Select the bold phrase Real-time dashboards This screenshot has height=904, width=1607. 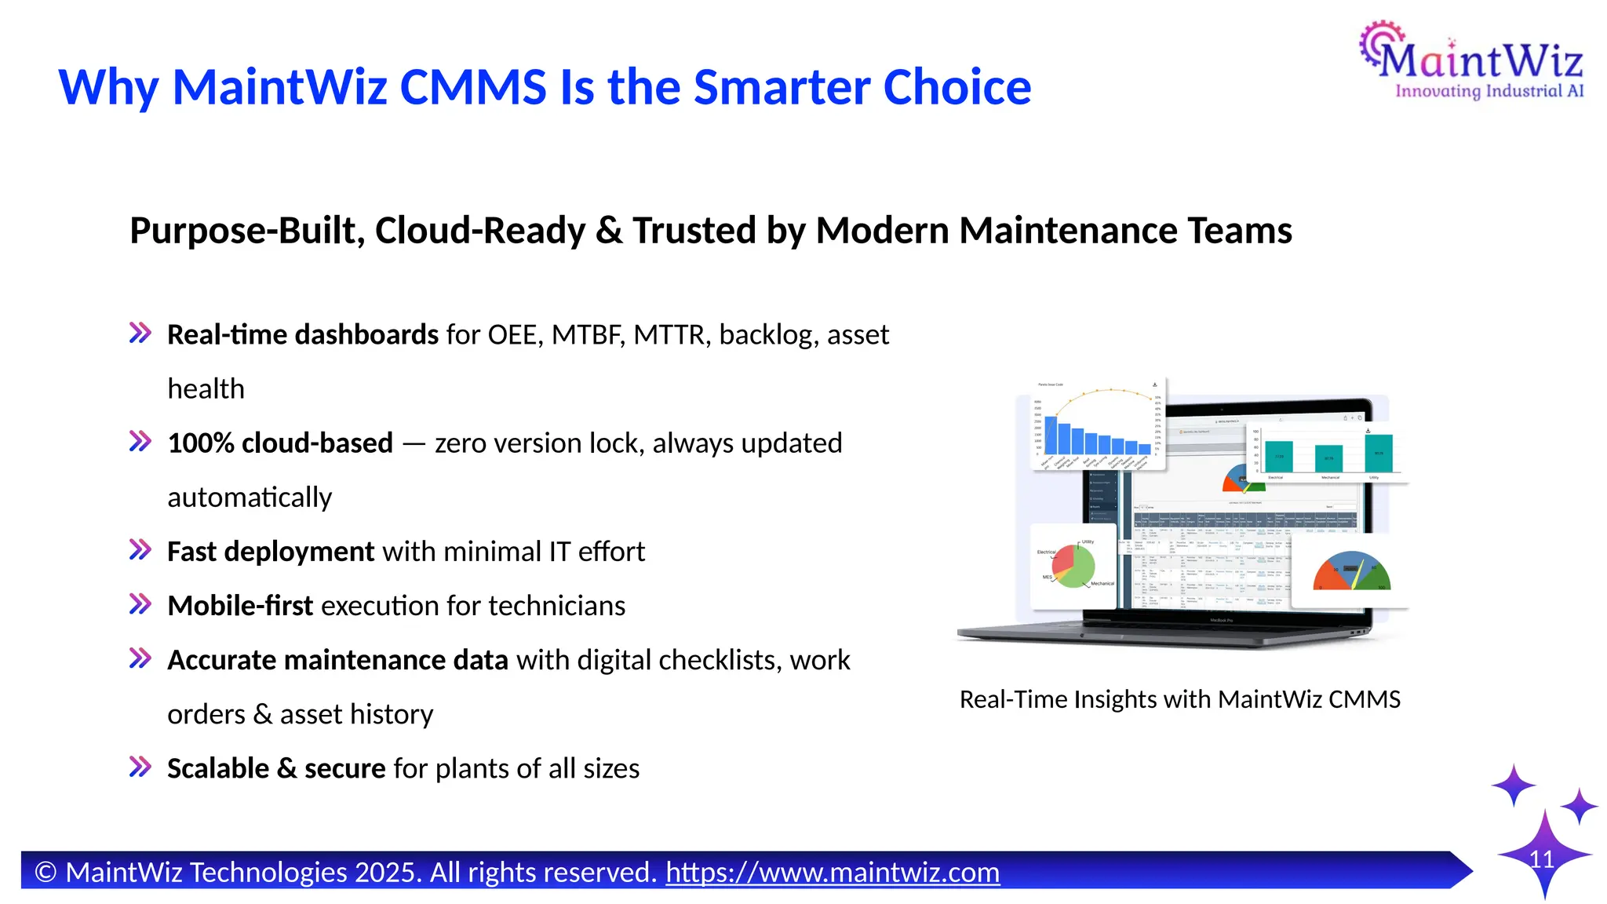click(x=302, y=335)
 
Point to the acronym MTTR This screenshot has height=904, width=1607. click(x=669, y=335)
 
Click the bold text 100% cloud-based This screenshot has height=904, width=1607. click(x=280, y=443)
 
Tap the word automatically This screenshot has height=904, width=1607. click(x=250, y=498)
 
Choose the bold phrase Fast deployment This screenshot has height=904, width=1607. click(x=271, y=552)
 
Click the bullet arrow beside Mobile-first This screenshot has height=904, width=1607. click(x=140, y=605)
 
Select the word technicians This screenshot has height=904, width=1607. click(x=563, y=606)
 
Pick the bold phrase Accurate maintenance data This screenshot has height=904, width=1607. click(x=337, y=660)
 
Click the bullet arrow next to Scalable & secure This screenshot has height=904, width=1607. click(x=140, y=767)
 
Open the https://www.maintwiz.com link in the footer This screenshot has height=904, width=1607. click(x=833, y=872)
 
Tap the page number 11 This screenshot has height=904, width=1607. click(x=1542, y=859)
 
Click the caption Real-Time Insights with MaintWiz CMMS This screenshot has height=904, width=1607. click(x=1179, y=699)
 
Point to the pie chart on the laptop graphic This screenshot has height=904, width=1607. click(x=1073, y=566)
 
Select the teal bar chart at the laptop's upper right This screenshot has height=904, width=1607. click(x=1328, y=451)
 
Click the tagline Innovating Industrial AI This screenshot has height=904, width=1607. click(x=1489, y=91)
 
